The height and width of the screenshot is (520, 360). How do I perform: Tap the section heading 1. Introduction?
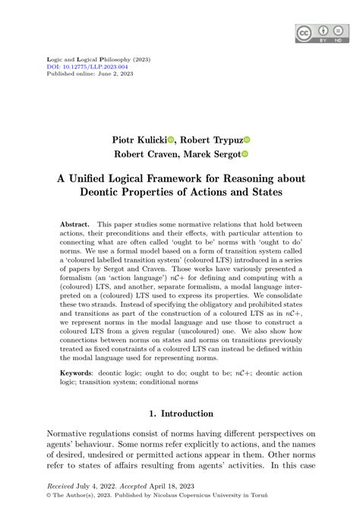(x=179, y=413)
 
